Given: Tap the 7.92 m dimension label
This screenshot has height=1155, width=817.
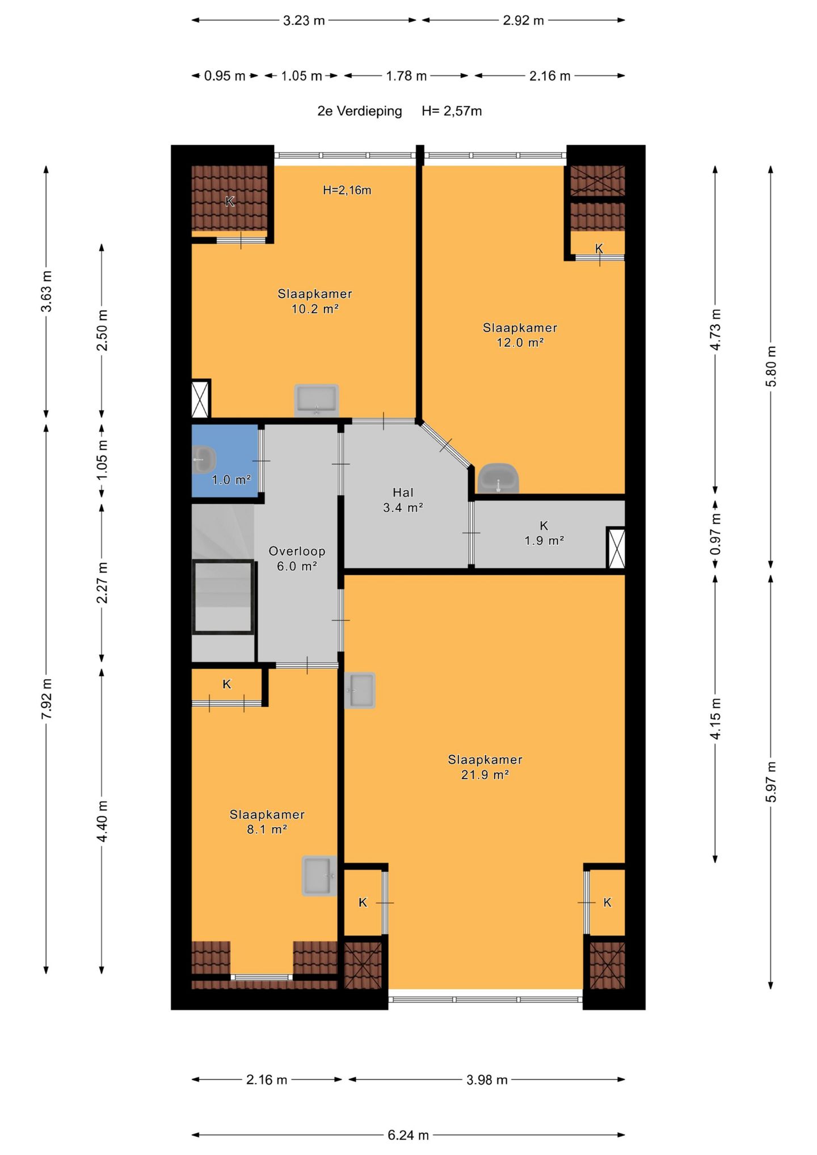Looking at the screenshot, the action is [x=47, y=698].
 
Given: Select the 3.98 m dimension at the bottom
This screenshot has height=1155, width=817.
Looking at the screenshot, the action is [x=487, y=1080].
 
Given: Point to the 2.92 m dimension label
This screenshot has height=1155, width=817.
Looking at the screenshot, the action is [x=523, y=20].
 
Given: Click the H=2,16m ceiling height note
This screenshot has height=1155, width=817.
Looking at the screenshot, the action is [x=347, y=190].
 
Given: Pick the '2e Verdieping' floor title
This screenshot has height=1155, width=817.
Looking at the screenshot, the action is [x=360, y=111].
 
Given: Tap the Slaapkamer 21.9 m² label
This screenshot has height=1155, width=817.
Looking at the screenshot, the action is [x=485, y=767].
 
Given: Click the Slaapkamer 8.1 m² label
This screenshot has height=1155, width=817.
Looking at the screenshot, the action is [x=267, y=821].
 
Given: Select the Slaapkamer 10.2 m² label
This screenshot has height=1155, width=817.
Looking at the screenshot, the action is [x=315, y=301].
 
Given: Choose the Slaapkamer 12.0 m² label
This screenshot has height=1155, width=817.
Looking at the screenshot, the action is [x=520, y=335].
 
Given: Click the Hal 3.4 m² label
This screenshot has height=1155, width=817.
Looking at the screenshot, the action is [x=403, y=500].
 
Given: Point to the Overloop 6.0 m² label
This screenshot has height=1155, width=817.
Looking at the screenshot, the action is [x=297, y=558].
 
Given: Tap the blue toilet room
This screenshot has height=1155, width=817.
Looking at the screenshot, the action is [x=225, y=461].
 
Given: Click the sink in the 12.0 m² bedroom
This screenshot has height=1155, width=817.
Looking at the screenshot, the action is [x=498, y=478].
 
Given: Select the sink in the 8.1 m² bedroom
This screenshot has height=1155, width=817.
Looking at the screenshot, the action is [x=319, y=876].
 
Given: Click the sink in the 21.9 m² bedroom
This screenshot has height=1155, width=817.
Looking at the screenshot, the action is [x=360, y=690].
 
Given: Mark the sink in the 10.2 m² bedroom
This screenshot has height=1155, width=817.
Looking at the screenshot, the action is [x=317, y=401].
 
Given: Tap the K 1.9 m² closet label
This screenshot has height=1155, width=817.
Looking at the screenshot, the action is [x=544, y=533].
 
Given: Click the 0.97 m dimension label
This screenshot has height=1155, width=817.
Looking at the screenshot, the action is [x=715, y=534].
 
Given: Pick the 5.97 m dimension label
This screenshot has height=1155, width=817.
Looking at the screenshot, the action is [x=771, y=782].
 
